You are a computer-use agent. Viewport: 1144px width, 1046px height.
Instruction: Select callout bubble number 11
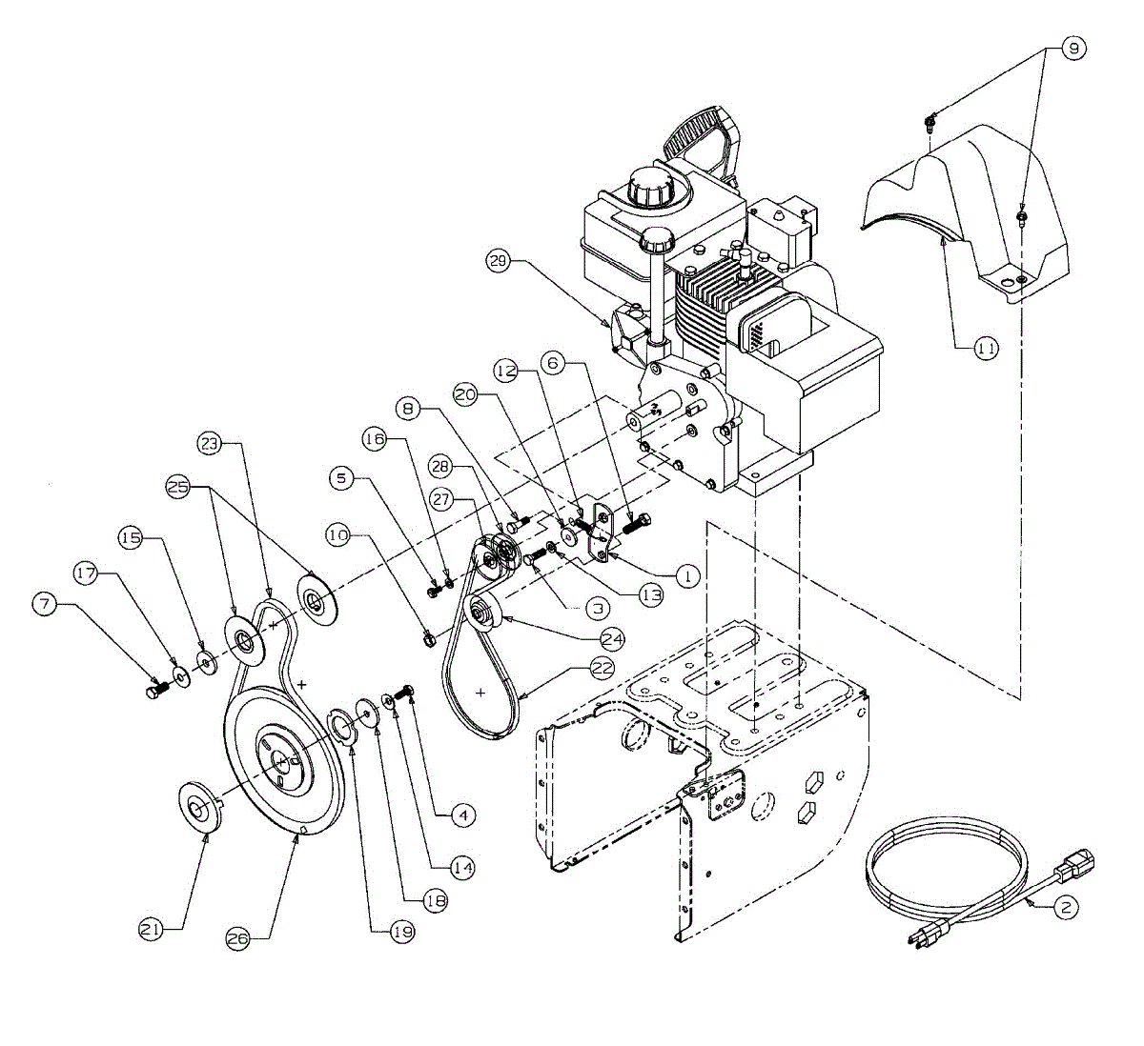pos(987,350)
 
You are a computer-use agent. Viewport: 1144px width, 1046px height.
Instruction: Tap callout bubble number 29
pos(497,259)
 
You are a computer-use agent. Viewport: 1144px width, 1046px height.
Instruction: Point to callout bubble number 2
pos(1066,907)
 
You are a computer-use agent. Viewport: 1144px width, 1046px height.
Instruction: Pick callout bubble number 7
pos(43,602)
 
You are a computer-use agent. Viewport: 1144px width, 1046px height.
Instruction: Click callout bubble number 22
pos(603,669)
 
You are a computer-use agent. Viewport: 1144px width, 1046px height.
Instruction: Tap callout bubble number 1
pos(686,575)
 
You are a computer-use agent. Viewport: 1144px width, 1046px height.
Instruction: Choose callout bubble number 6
pos(552,363)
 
